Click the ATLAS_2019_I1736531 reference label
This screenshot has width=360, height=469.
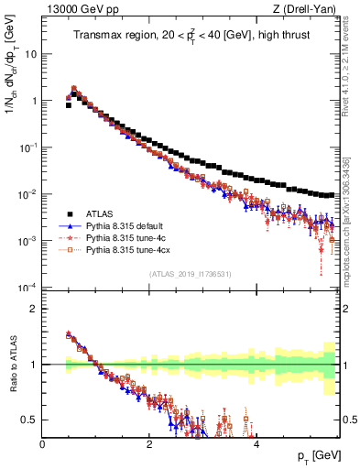(x=190, y=274)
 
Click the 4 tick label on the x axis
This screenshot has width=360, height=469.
(x=256, y=444)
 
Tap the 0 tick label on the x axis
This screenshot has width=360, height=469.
(x=42, y=444)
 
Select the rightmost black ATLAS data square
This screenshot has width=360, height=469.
(x=332, y=194)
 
